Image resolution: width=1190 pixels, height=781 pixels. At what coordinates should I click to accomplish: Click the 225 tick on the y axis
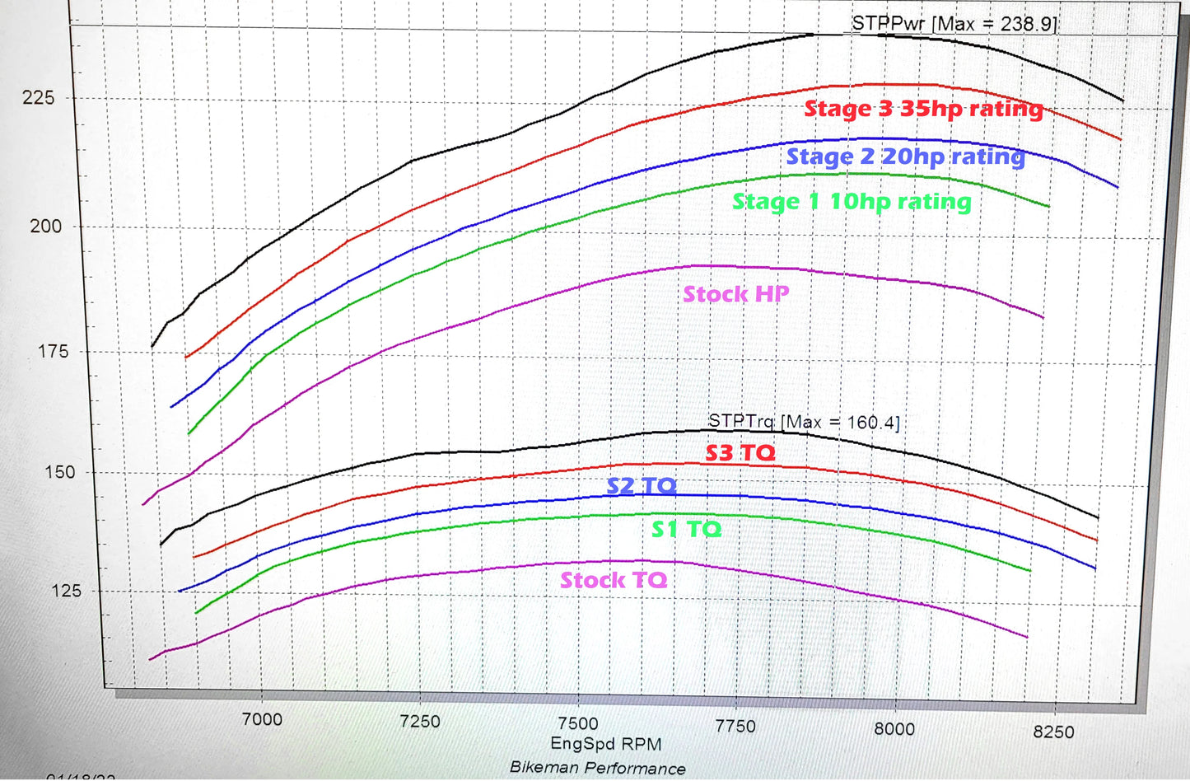(38, 98)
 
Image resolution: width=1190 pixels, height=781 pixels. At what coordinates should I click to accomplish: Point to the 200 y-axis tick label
(45, 227)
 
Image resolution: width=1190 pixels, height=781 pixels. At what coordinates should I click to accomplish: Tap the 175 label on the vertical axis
(54, 352)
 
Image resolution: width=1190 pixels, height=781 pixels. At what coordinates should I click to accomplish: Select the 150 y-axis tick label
(59, 473)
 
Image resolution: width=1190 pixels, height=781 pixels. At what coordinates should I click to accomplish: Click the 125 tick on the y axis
(65, 591)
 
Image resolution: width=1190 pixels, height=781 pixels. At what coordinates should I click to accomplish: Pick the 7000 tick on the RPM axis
(262, 719)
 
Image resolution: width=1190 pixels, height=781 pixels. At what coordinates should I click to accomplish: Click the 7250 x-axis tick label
(419, 722)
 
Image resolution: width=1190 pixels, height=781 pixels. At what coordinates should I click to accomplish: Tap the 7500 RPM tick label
(578, 724)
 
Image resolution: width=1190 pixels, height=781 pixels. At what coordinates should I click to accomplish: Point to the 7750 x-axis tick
(735, 727)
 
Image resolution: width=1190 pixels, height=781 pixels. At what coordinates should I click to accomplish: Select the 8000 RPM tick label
(894, 729)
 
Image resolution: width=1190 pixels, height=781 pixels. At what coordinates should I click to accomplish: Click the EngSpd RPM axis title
(606, 745)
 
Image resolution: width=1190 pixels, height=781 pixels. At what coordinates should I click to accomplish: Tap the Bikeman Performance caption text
(598, 768)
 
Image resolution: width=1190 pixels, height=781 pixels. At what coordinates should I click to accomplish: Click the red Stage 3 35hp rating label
(923, 109)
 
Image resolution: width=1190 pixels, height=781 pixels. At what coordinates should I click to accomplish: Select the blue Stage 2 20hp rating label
(906, 157)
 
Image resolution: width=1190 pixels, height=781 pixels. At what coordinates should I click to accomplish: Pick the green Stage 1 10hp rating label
(852, 202)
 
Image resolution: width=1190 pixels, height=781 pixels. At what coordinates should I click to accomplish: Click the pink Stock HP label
(736, 294)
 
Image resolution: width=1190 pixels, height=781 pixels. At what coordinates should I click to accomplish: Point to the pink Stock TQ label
(614, 581)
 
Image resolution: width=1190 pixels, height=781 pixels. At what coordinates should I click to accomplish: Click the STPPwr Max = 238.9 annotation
(954, 24)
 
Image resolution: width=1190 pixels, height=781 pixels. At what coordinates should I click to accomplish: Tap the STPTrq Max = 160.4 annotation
(804, 422)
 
